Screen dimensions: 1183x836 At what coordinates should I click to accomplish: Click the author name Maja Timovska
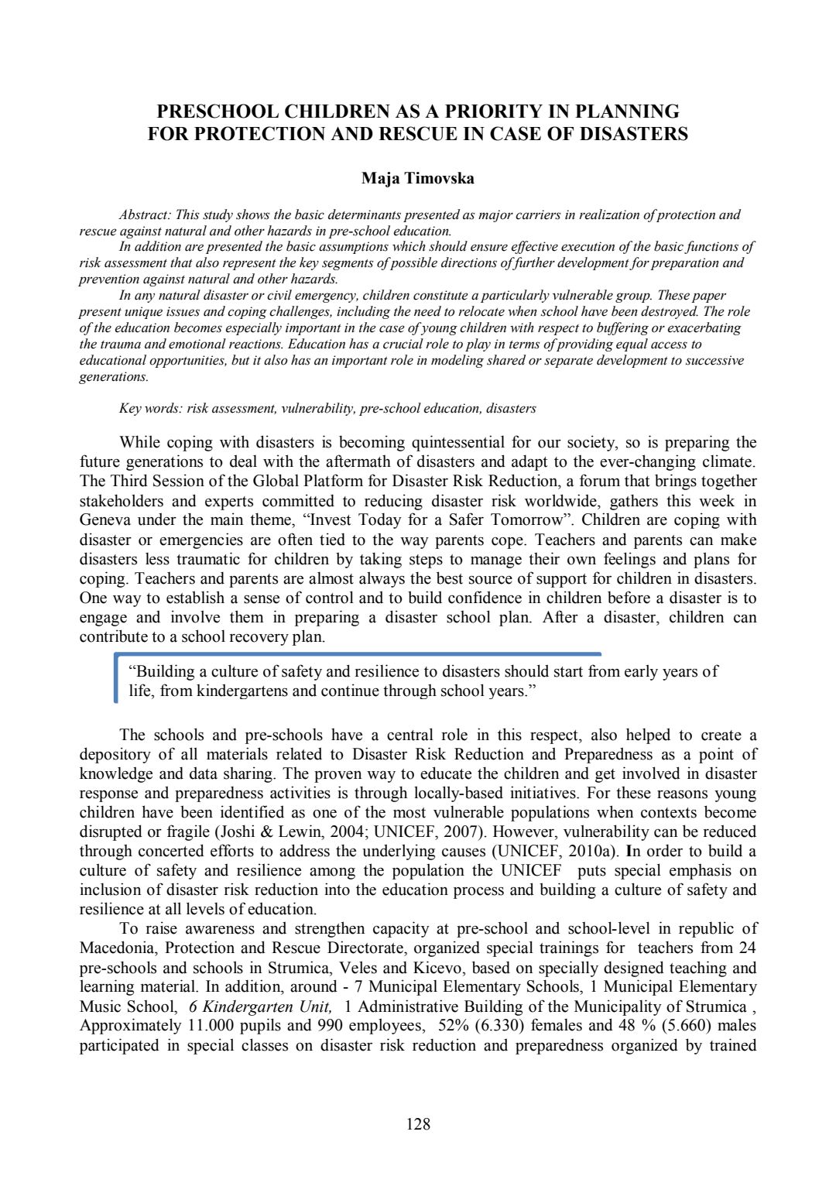pyautogui.click(x=418, y=179)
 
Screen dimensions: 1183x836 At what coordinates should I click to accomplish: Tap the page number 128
pyautogui.click(x=418, y=1123)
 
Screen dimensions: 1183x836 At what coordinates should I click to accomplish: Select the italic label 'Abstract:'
pyautogui.click(x=145, y=214)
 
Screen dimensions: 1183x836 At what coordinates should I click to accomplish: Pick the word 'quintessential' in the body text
pyautogui.click(x=457, y=443)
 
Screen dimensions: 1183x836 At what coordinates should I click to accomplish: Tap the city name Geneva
pyautogui.click(x=108, y=520)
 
